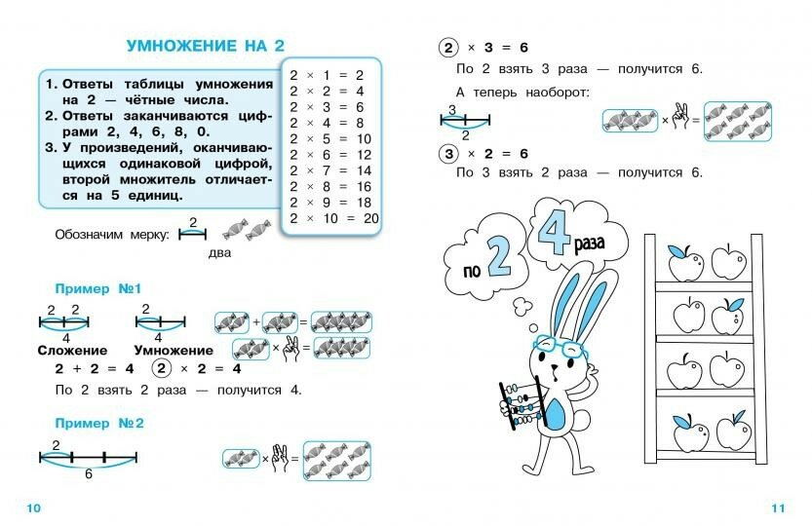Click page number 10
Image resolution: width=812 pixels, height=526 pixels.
33,507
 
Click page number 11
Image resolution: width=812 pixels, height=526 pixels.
777,507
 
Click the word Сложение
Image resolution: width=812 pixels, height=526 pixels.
72,350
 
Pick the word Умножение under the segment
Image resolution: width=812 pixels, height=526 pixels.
174,350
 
